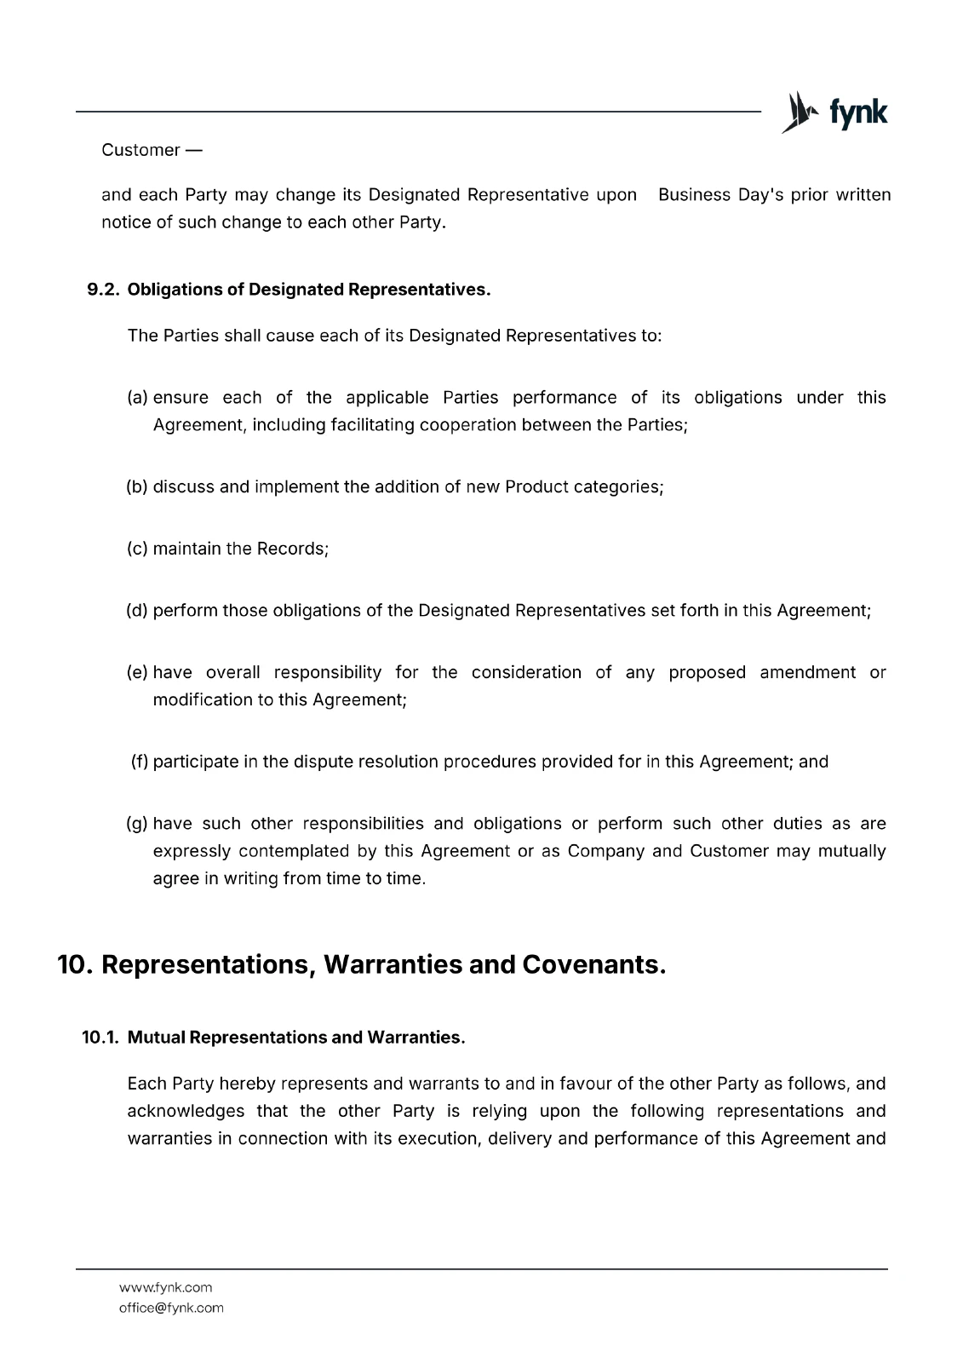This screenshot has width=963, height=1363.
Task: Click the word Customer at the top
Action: (140, 150)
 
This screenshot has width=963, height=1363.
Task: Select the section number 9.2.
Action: (104, 290)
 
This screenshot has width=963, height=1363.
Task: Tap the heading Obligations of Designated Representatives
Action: (309, 290)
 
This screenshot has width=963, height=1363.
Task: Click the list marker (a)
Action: (137, 398)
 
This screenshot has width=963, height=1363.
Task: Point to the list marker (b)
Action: (137, 487)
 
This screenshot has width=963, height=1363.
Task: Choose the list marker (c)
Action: (137, 549)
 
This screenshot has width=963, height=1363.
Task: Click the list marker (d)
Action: (137, 611)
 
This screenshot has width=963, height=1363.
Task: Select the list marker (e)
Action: (137, 673)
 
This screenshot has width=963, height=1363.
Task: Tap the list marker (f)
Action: (140, 762)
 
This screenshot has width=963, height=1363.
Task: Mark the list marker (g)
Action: (137, 824)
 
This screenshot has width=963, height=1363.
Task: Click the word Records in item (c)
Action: (292, 549)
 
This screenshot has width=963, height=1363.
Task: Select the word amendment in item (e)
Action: (807, 673)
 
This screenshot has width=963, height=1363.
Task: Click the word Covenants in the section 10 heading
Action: (593, 965)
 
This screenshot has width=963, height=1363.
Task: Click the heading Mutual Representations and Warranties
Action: (295, 1038)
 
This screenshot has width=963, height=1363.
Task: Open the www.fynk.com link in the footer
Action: (166, 1288)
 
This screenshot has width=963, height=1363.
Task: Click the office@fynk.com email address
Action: (171, 1308)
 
